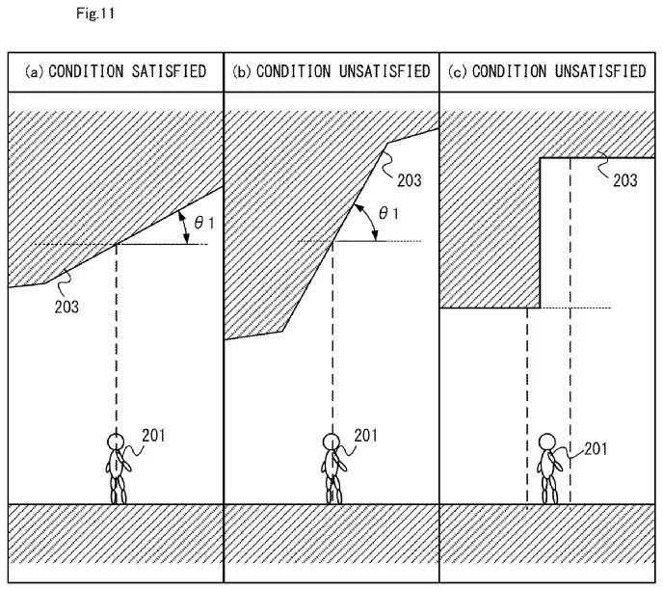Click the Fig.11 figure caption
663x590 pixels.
pyautogui.click(x=100, y=14)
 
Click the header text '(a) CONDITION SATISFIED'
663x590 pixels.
pyautogui.click(x=116, y=71)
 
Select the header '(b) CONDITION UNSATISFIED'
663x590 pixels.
pyautogui.click(x=331, y=71)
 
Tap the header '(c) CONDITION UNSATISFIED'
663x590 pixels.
pyautogui.click(x=547, y=71)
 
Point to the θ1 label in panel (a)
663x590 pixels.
pyautogui.click(x=204, y=222)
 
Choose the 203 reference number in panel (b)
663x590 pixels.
pyautogui.click(x=409, y=180)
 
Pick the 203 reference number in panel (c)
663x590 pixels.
pyautogui.click(x=624, y=180)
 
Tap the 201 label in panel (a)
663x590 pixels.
pyautogui.click(x=152, y=436)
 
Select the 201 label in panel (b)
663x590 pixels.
pyautogui.click(x=366, y=436)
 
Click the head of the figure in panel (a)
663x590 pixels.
pyautogui.click(x=117, y=442)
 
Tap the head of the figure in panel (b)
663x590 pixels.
pyautogui.click(x=331, y=442)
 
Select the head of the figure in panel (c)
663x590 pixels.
pyautogui.click(x=547, y=442)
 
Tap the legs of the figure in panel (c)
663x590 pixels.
pyautogui.click(x=549, y=490)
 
